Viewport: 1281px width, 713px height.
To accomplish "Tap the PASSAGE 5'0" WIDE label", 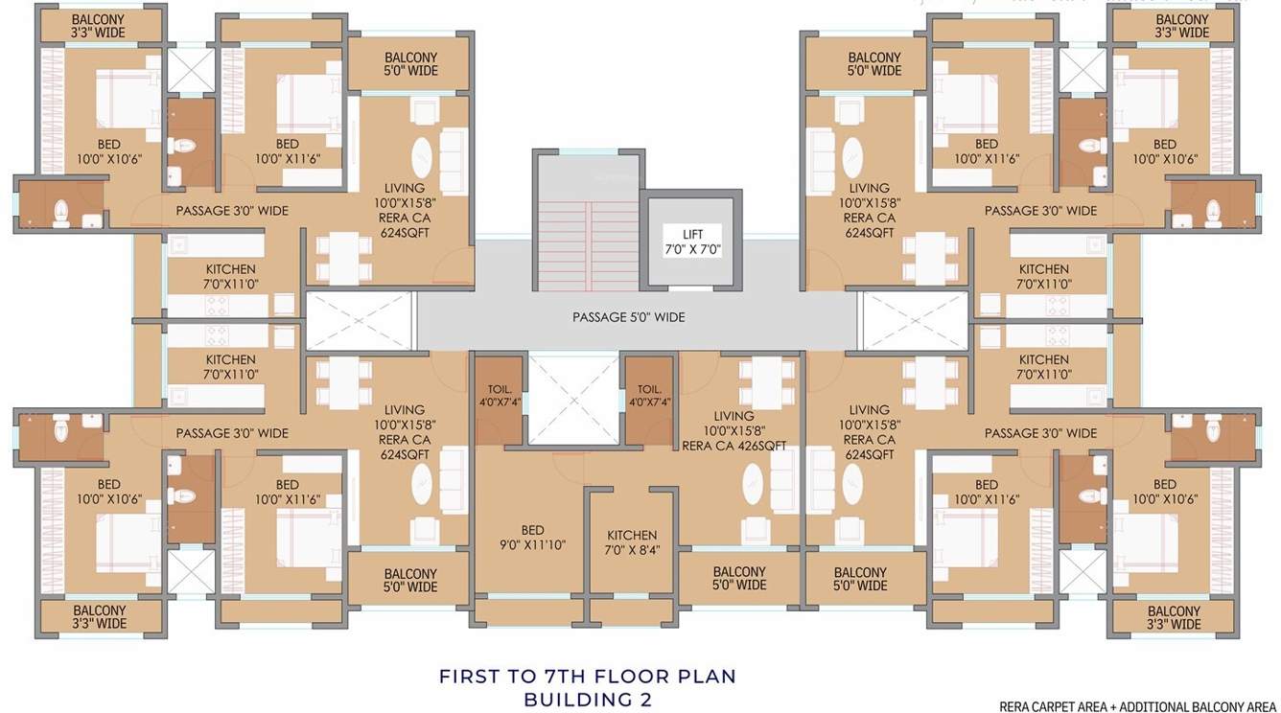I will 628,317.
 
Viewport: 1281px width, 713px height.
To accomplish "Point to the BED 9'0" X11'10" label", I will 532,538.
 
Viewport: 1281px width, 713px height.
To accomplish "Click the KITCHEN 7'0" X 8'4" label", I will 632,542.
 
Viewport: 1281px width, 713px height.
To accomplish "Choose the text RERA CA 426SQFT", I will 734,446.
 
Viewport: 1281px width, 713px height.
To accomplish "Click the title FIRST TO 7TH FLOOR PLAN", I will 587,677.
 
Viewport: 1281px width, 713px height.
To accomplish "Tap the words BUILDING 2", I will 587,701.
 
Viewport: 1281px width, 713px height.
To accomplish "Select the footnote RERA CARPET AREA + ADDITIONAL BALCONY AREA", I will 1137,707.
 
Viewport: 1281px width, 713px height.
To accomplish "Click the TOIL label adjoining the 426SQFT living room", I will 649,396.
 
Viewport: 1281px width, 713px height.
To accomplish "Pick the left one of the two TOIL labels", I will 500,396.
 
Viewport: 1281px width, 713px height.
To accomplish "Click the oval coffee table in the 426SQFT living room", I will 754,483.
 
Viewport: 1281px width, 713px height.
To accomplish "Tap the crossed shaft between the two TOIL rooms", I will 573,399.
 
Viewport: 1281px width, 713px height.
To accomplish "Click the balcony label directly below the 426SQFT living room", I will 739,579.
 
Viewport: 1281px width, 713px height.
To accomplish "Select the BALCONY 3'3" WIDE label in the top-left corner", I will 99,26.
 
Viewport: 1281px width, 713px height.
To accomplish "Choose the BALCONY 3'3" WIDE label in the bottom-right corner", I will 1174,618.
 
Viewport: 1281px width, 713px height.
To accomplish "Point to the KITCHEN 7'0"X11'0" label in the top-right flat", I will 1043,277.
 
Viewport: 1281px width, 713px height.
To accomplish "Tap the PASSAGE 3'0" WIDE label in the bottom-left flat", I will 232,433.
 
